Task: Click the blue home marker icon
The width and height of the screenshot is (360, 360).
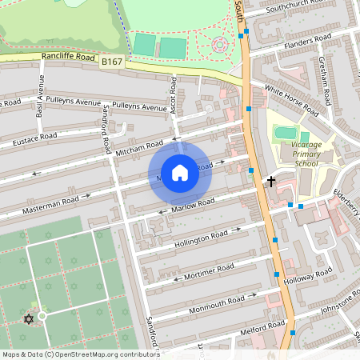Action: (x=180, y=172)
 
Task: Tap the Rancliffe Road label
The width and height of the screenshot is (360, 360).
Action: (x=70, y=58)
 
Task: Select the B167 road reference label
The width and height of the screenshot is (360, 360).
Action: (x=113, y=62)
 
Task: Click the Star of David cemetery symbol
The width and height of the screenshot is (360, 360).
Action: (x=29, y=319)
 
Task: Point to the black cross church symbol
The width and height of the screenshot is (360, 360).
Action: (x=270, y=182)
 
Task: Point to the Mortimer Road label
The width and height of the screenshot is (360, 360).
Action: (x=209, y=268)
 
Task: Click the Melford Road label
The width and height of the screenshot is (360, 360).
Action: (x=244, y=327)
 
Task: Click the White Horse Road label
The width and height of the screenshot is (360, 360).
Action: (x=291, y=101)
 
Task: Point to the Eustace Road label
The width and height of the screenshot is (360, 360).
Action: (x=34, y=140)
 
